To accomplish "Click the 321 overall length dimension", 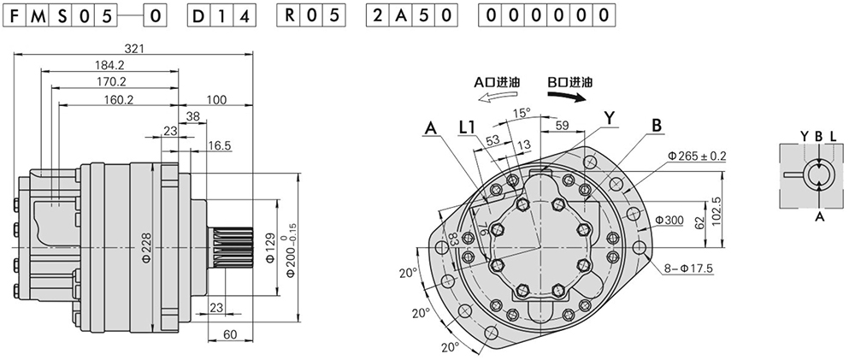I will (133, 49).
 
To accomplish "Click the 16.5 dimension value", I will (221, 147).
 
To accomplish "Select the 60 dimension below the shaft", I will (230, 335).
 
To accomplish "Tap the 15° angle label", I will (522, 112).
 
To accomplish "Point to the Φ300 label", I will (669, 221).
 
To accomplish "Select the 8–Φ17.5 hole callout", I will (689, 269).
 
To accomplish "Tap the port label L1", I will (467, 127).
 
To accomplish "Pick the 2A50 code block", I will (410, 16).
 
